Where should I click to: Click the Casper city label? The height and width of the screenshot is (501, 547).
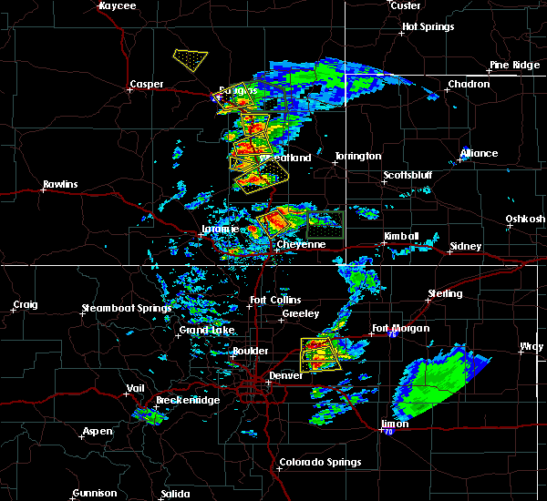pyautogui.click(x=146, y=85)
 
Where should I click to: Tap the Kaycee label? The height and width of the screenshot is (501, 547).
pyautogui.click(x=118, y=5)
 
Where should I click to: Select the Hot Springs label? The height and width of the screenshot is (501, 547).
pyautogui.click(x=428, y=26)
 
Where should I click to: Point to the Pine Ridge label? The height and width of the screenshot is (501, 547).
pyautogui.click(x=511, y=65)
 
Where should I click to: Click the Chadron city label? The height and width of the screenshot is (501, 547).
pyautogui.click(x=468, y=85)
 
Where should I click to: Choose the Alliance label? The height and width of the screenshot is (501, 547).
pyautogui.click(x=479, y=153)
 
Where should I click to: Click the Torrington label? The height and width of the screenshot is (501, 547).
pyautogui.click(x=357, y=156)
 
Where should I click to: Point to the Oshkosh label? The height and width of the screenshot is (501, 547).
pyautogui.click(x=525, y=219)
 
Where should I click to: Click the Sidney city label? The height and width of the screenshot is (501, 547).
pyautogui.click(x=466, y=247)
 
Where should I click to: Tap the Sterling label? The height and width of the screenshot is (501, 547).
pyautogui.click(x=445, y=294)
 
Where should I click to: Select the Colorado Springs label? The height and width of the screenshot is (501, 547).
pyautogui.click(x=319, y=462)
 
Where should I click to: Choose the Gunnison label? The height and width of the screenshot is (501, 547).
pyautogui.click(x=95, y=494)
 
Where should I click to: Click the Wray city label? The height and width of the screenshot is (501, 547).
pyautogui.click(x=531, y=346)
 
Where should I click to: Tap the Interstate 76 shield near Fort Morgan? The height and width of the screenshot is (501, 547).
pyautogui.click(x=391, y=336)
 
